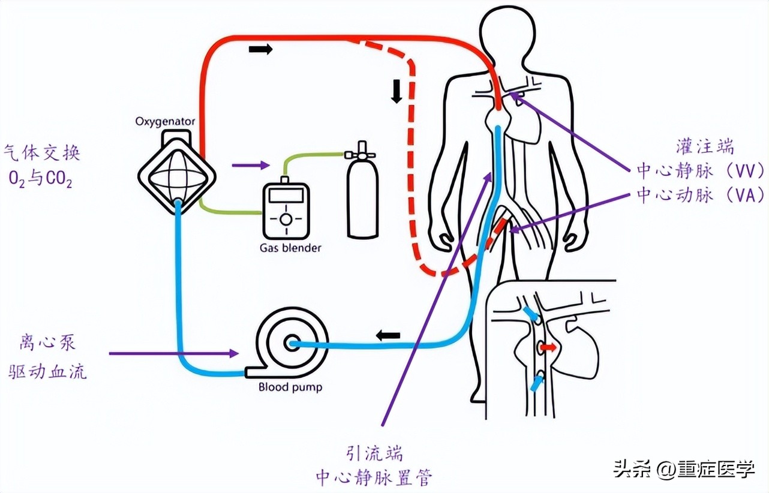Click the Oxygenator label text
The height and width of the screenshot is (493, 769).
tap(165, 122)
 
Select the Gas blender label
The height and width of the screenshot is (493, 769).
tap(290, 247)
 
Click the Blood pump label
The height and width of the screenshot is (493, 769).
tap(290, 387)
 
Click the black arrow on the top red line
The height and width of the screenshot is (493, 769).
tap(260, 49)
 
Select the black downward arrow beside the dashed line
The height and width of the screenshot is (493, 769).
tap(396, 91)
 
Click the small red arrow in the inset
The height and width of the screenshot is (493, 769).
tap(547, 347)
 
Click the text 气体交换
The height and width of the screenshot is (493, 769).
tap(41, 153)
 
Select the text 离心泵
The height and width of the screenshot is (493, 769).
tap(47, 343)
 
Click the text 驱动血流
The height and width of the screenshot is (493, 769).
tap(47, 372)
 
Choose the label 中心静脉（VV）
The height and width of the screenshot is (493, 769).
tap(700, 170)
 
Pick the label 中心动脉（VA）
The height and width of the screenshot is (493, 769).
tap(700, 195)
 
